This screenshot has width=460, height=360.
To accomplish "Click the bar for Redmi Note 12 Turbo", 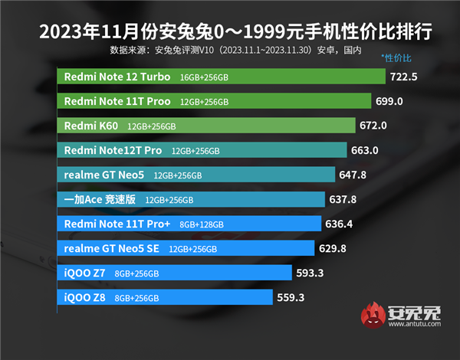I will coord(221,77).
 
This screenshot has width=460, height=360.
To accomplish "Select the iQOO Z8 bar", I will coord(165,297).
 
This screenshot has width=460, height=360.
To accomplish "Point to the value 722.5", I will coord(403,77).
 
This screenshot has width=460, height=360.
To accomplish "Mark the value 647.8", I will coord(353,175).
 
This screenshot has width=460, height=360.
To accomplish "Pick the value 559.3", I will coord(291,297).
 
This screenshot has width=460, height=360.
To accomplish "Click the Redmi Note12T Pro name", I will coord(113,151).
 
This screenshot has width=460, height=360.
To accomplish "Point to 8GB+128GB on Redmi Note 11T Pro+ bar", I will coord(202,224).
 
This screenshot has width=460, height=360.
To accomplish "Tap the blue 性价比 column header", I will coord(396,58).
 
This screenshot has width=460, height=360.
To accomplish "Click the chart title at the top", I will coord(229,32).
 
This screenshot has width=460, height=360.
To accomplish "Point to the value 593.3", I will coord(310,273).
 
